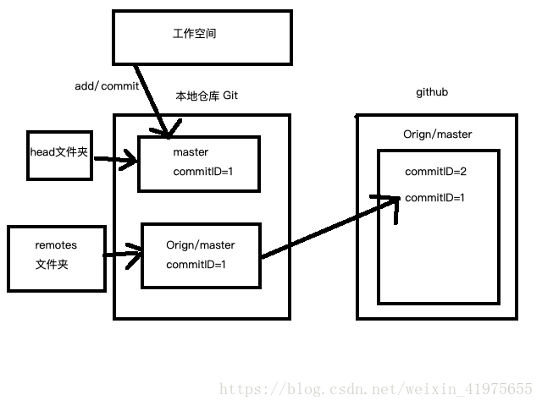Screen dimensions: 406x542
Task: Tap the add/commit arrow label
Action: click(107, 86)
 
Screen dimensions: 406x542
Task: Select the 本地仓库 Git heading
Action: click(207, 96)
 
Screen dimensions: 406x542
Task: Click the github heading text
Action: click(432, 92)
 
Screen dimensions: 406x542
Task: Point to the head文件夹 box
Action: click(58, 155)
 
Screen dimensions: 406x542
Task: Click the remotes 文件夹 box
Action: click(57, 258)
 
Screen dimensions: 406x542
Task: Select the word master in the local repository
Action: click(191, 152)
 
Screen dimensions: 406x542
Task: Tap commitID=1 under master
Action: click(202, 172)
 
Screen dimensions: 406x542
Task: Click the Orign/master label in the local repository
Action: click(201, 245)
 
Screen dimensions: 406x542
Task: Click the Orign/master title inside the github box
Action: click(438, 134)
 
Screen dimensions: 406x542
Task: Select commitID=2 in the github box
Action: click(435, 172)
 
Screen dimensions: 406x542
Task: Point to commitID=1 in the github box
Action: click(435, 198)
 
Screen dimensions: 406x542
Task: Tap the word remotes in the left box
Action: click(56, 245)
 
